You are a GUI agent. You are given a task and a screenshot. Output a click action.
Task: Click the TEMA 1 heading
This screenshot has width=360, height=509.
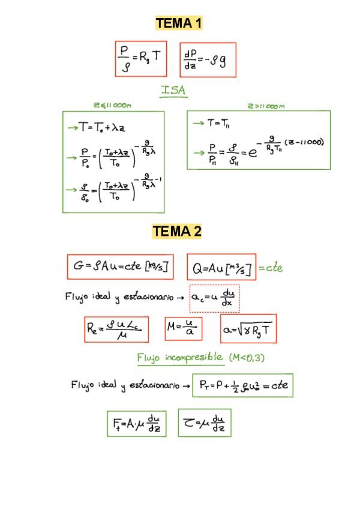click(x=179, y=23)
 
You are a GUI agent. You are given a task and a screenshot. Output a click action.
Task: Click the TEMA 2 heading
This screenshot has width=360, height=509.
click(x=177, y=231)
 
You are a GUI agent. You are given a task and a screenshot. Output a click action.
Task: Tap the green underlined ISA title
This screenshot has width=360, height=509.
click(x=173, y=91)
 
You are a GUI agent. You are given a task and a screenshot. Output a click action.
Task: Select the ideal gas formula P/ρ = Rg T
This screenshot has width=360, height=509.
click(x=141, y=58)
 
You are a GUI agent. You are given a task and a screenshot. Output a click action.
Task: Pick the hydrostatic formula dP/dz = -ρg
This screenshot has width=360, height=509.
click(x=208, y=59)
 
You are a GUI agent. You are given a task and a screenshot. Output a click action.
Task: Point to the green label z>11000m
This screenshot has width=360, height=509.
click(x=266, y=106)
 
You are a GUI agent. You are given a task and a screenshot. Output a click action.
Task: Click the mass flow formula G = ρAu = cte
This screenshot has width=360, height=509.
click(x=120, y=267)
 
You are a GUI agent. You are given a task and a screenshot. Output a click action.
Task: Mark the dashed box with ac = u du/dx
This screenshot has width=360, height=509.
click(x=214, y=298)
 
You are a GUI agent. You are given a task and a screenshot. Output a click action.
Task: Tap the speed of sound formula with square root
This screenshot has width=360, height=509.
click(x=248, y=328)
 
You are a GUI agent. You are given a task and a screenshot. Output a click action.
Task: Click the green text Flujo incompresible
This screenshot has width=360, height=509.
click(x=180, y=358)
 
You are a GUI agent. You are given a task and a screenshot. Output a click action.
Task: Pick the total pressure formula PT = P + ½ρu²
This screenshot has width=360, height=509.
click(x=243, y=386)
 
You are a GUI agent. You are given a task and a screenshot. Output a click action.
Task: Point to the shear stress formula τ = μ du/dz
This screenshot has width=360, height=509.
click(x=205, y=423)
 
